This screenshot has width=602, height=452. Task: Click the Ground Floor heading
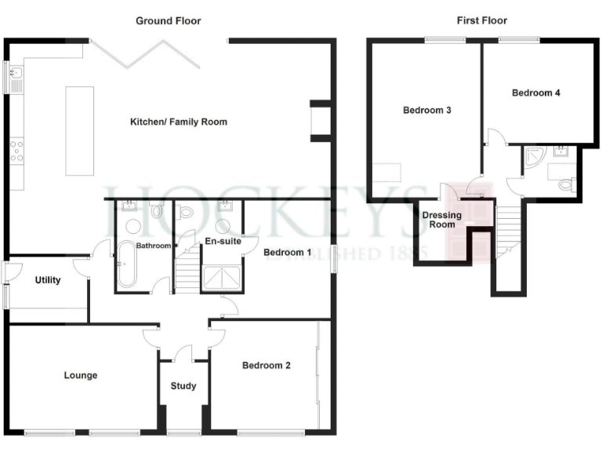point(168,20)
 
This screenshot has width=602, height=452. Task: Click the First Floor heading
point(481,20)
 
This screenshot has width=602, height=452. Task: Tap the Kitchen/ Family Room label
point(179,122)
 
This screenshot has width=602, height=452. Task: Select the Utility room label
point(48,280)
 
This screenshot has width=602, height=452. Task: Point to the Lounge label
point(81,375)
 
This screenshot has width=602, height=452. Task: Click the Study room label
point(183,385)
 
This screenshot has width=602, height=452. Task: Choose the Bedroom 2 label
point(267,365)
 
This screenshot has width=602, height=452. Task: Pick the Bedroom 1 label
point(287,253)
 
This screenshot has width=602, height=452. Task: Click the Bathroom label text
point(154,246)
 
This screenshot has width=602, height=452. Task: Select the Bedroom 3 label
point(426,111)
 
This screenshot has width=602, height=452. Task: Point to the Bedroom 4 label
point(535,93)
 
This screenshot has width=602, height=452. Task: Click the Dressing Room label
point(442,219)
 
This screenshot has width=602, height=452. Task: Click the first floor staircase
point(507,231)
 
